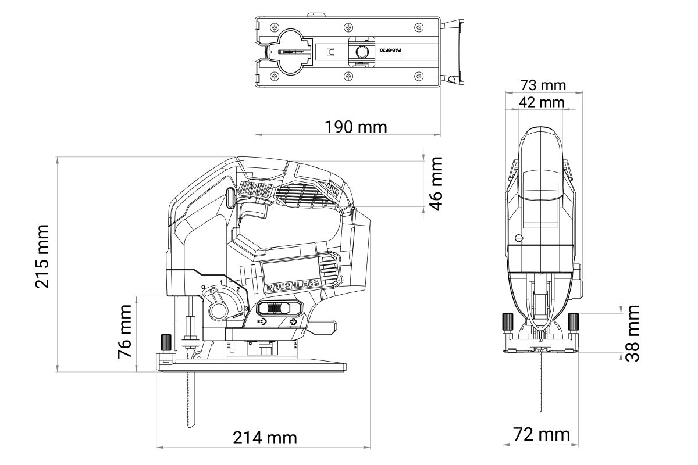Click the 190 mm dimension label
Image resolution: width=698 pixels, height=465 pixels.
356,127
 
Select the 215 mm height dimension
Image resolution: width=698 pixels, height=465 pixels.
42,256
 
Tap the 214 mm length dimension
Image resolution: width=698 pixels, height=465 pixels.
265,438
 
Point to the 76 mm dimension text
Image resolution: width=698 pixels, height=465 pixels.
125,331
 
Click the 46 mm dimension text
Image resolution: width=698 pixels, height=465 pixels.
436,184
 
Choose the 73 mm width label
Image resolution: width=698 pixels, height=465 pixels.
543,85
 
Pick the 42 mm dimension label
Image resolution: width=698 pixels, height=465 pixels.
542,102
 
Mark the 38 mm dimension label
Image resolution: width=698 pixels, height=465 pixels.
633,333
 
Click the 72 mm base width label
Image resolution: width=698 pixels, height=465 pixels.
542,434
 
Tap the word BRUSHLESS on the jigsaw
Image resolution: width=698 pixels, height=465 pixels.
293,285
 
